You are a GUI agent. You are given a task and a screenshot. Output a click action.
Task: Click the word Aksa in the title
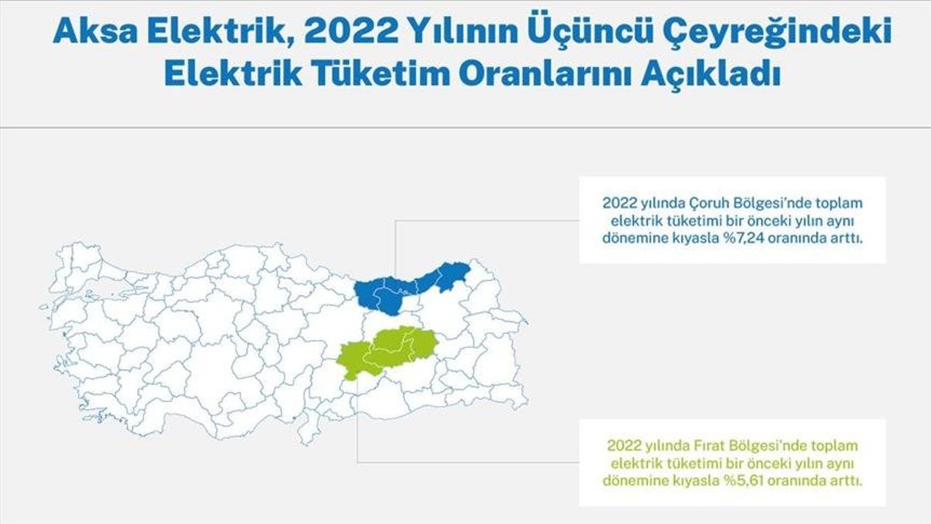95,31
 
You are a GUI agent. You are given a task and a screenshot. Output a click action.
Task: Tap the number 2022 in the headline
351,31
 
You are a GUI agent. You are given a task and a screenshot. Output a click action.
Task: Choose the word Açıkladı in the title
711,76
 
